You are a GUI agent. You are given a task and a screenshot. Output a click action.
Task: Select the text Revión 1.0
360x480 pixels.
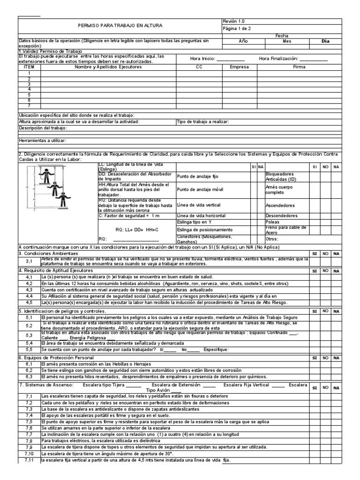pyautogui.click(x=233, y=21)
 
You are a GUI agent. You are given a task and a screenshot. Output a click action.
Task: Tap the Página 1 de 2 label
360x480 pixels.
pyautogui.click(x=236, y=29)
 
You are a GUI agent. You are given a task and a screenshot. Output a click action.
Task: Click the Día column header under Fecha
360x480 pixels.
pyautogui.click(x=325, y=41)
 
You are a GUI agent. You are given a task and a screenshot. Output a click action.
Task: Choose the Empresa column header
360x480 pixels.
pyautogui.click(x=240, y=67)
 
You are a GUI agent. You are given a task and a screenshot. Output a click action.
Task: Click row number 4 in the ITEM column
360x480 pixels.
pyautogui.click(x=29, y=89)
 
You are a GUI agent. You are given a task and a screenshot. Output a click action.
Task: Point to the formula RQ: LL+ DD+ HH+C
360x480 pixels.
pyautogui.click(x=137, y=229)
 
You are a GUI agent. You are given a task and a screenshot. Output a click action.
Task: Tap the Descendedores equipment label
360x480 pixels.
pyautogui.click(x=282, y=216)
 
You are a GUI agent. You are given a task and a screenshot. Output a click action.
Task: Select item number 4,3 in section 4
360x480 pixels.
pyautogui.click(x=29, y=290)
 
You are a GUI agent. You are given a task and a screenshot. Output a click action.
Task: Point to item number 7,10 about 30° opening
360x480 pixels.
pyautogui.click(x=29, y=455)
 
